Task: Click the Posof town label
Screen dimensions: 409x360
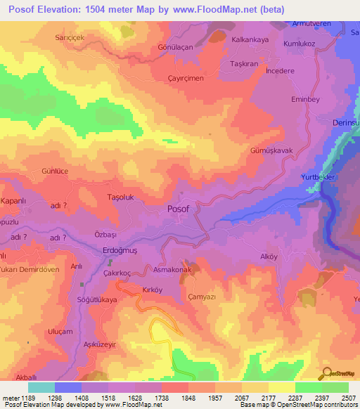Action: (x=179, y=209)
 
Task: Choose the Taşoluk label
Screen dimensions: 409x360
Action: (x=120, y=198)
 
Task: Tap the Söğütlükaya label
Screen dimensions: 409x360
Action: (x=96, y=300)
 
